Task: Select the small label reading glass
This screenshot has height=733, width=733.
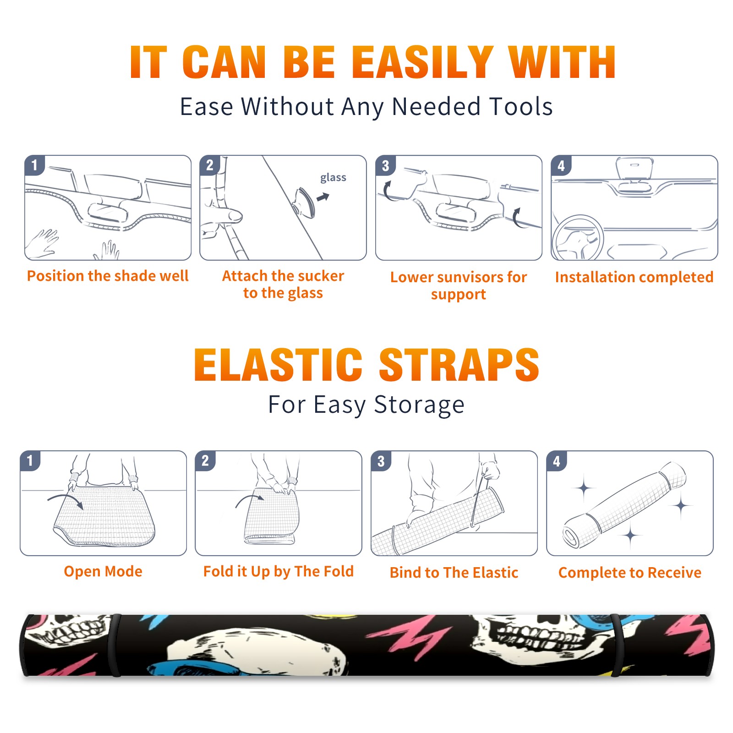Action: coord(333,178)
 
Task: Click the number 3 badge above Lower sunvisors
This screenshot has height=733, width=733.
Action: coord(385,165)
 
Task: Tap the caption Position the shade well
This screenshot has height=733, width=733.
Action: coord(108,276)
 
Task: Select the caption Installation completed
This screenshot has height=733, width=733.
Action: coord(634,277)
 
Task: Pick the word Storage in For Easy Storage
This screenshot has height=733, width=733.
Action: coord(419,405)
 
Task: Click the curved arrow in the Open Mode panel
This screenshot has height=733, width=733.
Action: coord(66,501)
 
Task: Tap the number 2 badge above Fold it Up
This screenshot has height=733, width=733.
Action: coord(205,460)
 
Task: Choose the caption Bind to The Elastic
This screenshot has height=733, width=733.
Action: coord(454,573)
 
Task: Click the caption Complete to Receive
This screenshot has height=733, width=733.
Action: coord(630,573)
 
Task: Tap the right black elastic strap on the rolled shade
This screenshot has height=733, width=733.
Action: coord(618,645)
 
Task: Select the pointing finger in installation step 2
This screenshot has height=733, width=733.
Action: coord(227,215)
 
